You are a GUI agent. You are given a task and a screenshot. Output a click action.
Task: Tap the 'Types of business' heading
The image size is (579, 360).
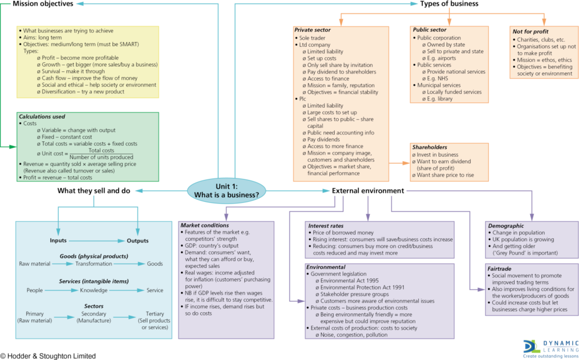click(449, 4)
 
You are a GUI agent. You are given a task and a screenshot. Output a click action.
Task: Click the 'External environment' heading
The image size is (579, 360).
click(368, 191)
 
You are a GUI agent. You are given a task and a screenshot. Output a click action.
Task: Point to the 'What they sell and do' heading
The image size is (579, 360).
click(94, 191)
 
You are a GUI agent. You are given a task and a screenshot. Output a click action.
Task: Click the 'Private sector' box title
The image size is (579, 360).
click(313, 30)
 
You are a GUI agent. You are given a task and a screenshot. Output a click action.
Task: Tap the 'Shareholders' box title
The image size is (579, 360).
click(429, 147)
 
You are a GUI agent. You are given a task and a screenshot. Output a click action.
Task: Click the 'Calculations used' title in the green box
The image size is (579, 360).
click(41, 116)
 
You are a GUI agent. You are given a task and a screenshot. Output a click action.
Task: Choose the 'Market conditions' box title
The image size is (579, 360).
click(205, 225)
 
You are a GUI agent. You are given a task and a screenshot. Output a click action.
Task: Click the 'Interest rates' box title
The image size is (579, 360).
click(326, 225)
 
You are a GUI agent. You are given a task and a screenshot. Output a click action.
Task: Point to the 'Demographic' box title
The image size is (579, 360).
click(506, 225)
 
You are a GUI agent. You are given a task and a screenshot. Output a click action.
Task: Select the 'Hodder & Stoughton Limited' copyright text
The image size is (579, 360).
click(48, 356)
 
